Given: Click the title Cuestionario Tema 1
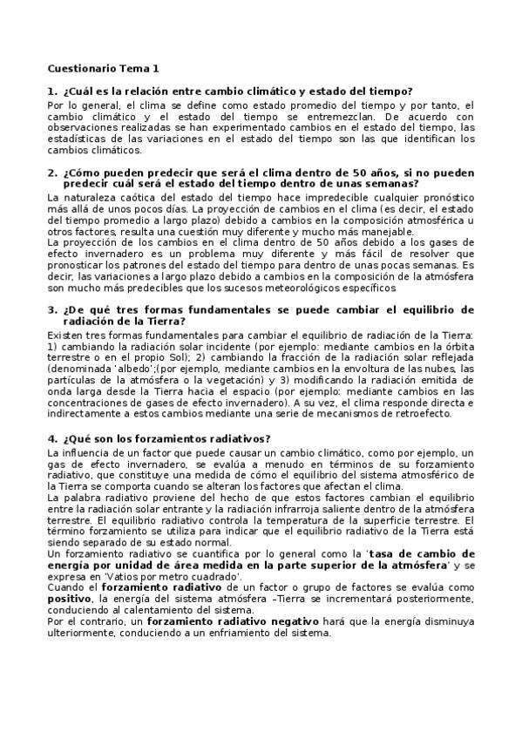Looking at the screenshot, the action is (103, 67).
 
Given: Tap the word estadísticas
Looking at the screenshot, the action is (77, 139).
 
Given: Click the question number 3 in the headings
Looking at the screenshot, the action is (52, 309).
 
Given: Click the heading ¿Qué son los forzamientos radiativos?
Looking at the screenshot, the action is (165, 437).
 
